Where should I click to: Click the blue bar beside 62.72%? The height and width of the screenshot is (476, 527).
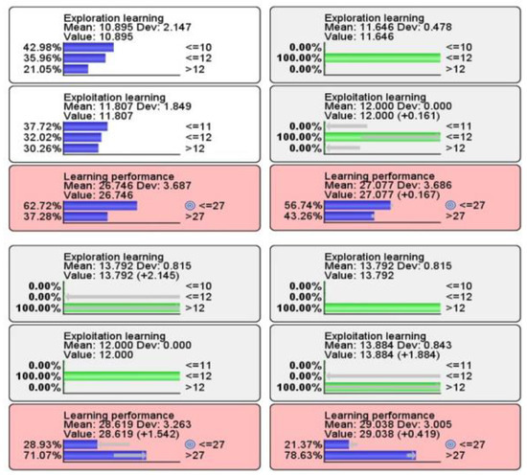click(101, 205)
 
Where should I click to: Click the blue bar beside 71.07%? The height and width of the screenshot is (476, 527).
click(104, 455)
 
